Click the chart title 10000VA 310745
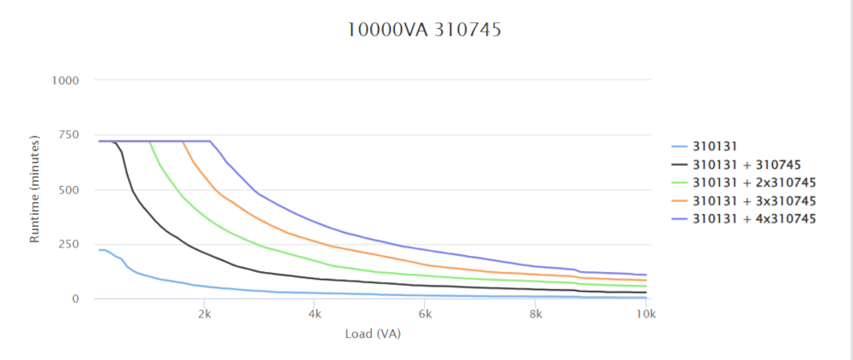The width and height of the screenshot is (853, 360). pos(424,30)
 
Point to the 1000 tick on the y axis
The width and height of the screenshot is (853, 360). pos(65,80)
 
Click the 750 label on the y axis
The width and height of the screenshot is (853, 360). pos(68,135)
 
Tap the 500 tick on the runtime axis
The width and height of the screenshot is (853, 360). pos(68,189)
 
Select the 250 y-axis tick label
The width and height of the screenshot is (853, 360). pos(68,244)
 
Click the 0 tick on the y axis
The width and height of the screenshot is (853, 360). pos(75,299)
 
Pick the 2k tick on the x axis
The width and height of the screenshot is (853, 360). pos(205,314)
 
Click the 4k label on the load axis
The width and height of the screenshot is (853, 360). pos(315,314)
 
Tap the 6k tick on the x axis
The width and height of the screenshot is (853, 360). pos(425,314)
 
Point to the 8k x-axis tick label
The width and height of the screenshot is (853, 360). pos(535,314)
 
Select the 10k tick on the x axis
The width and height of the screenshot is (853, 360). pos(646,314)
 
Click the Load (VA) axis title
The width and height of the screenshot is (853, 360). pos(373,334)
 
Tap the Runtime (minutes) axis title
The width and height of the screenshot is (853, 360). pos(35,189)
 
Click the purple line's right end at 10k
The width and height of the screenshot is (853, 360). pos(646,275)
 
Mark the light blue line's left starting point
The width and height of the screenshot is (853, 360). pos(99,250)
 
